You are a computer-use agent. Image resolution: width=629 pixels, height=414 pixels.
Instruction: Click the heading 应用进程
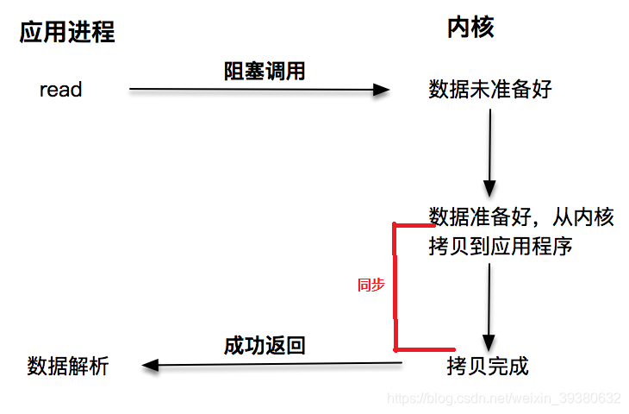pos(67,33)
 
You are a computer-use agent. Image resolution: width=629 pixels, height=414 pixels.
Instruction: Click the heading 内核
pos(470,28)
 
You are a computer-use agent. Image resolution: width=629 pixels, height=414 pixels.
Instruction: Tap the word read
pos(61,89)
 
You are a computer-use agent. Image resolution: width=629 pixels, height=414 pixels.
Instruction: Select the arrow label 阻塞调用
pos(265,72)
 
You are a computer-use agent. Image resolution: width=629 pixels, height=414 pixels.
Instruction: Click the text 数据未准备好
pos(489,90)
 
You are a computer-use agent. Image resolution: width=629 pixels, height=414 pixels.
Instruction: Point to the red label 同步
pos(371,285)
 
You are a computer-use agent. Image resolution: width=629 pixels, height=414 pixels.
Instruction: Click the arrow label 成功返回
pos(265,347)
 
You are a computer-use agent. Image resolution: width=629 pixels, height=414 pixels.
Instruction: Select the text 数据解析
pos(68,366)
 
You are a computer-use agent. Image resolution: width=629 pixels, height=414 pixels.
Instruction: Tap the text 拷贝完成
pos(487,366)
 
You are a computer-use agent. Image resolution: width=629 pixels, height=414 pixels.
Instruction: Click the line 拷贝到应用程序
pos(501,247)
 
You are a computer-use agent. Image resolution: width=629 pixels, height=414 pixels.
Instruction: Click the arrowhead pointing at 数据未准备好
pos(382,89)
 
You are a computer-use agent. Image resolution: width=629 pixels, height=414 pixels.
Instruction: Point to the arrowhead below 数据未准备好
pos(489,189)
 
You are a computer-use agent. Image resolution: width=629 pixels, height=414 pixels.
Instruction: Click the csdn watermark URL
pos(504,398)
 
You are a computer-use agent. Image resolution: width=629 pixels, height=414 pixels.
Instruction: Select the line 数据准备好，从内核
pos(521,217)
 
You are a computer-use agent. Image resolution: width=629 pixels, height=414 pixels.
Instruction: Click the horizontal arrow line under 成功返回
pos(276,364)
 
